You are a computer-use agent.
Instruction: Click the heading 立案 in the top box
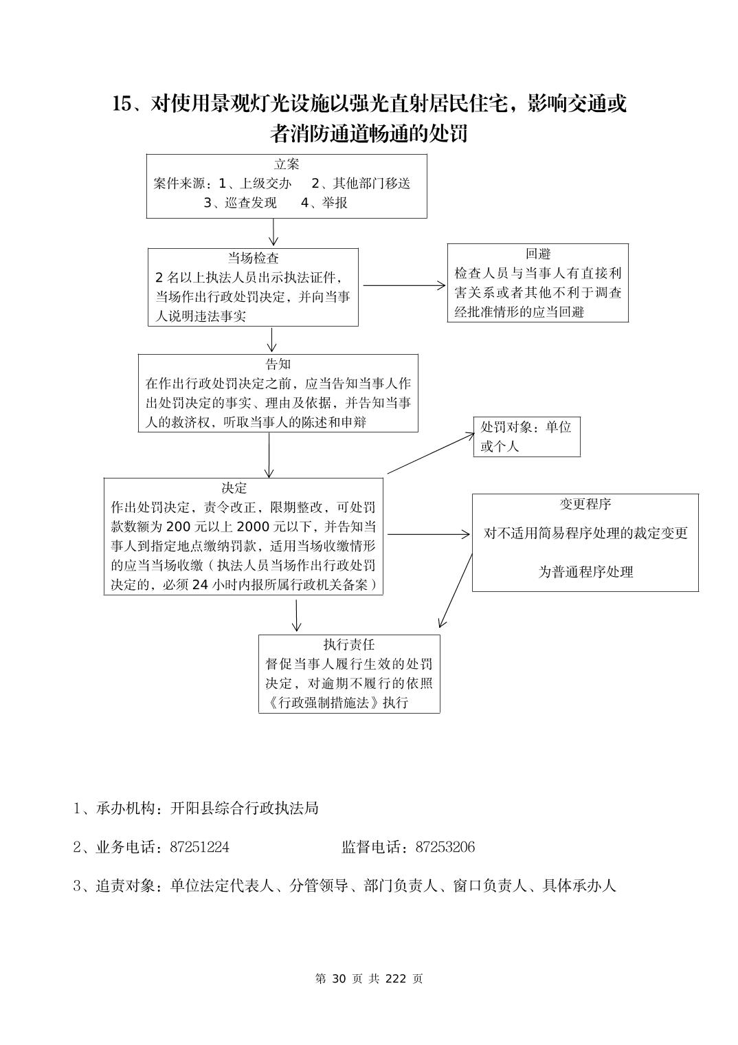pyautogui.click(x=287, y=164)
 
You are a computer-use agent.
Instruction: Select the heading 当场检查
pyautogui.click(x=254, y=258)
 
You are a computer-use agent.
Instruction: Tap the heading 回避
pyautogui.click(x=538, y=254)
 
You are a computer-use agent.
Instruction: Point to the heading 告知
pyautogui.click(x=278, y=364)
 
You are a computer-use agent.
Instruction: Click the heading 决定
pyautogui.click(x=234, y=487)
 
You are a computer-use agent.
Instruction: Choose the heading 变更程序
pyautogui.click(x=585, y=504)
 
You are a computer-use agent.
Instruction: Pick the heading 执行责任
pyautogui.click(x=349, y=644)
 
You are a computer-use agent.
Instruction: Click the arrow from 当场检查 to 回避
pyautogui.click(x=404, y=285)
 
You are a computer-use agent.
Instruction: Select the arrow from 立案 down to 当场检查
pyautogui.click(x=273, y=232)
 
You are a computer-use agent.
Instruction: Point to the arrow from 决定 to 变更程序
pyautogui.click(x=428, y=534)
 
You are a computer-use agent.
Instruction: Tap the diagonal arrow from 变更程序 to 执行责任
pyautogui.click(x=455, y=591)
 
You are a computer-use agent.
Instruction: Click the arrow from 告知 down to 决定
pyautogui.click(x=269, y=454)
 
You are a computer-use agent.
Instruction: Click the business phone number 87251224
pyautogui.click(x=199, y=847)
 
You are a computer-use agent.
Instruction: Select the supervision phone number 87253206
pyautogui.click(x=445, y=847)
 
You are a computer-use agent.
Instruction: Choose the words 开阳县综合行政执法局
pyautogui.click(x=244, y=808)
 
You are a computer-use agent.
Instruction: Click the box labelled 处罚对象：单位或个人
pyautogui.click(x=526, y=437)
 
